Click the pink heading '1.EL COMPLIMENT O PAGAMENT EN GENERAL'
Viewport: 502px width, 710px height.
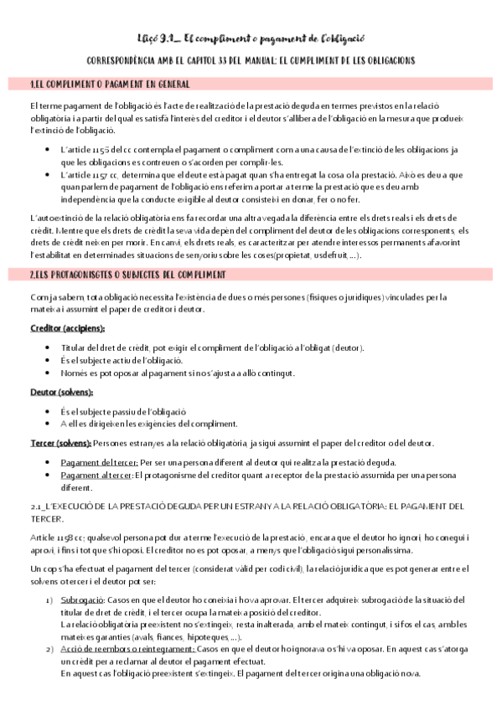[x=109, y=85]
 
